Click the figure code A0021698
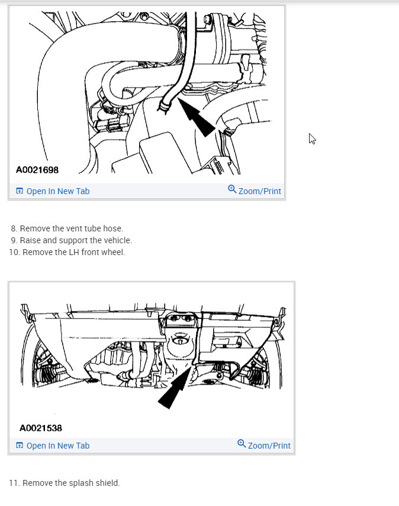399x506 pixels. [37, 170]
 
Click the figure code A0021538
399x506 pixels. [41, 427]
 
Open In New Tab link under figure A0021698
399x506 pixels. [57, 191]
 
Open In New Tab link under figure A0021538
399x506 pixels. [57, 446]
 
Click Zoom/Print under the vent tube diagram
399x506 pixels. [259, 191]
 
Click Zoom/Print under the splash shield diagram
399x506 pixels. [269, 446]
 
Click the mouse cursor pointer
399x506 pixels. [312, 139]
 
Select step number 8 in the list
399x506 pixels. [14, 228]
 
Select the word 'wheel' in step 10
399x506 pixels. [112, 252]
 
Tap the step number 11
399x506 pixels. [14, 483]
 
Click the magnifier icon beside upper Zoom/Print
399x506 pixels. [232, 189]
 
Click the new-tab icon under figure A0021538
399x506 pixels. [19, 446]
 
